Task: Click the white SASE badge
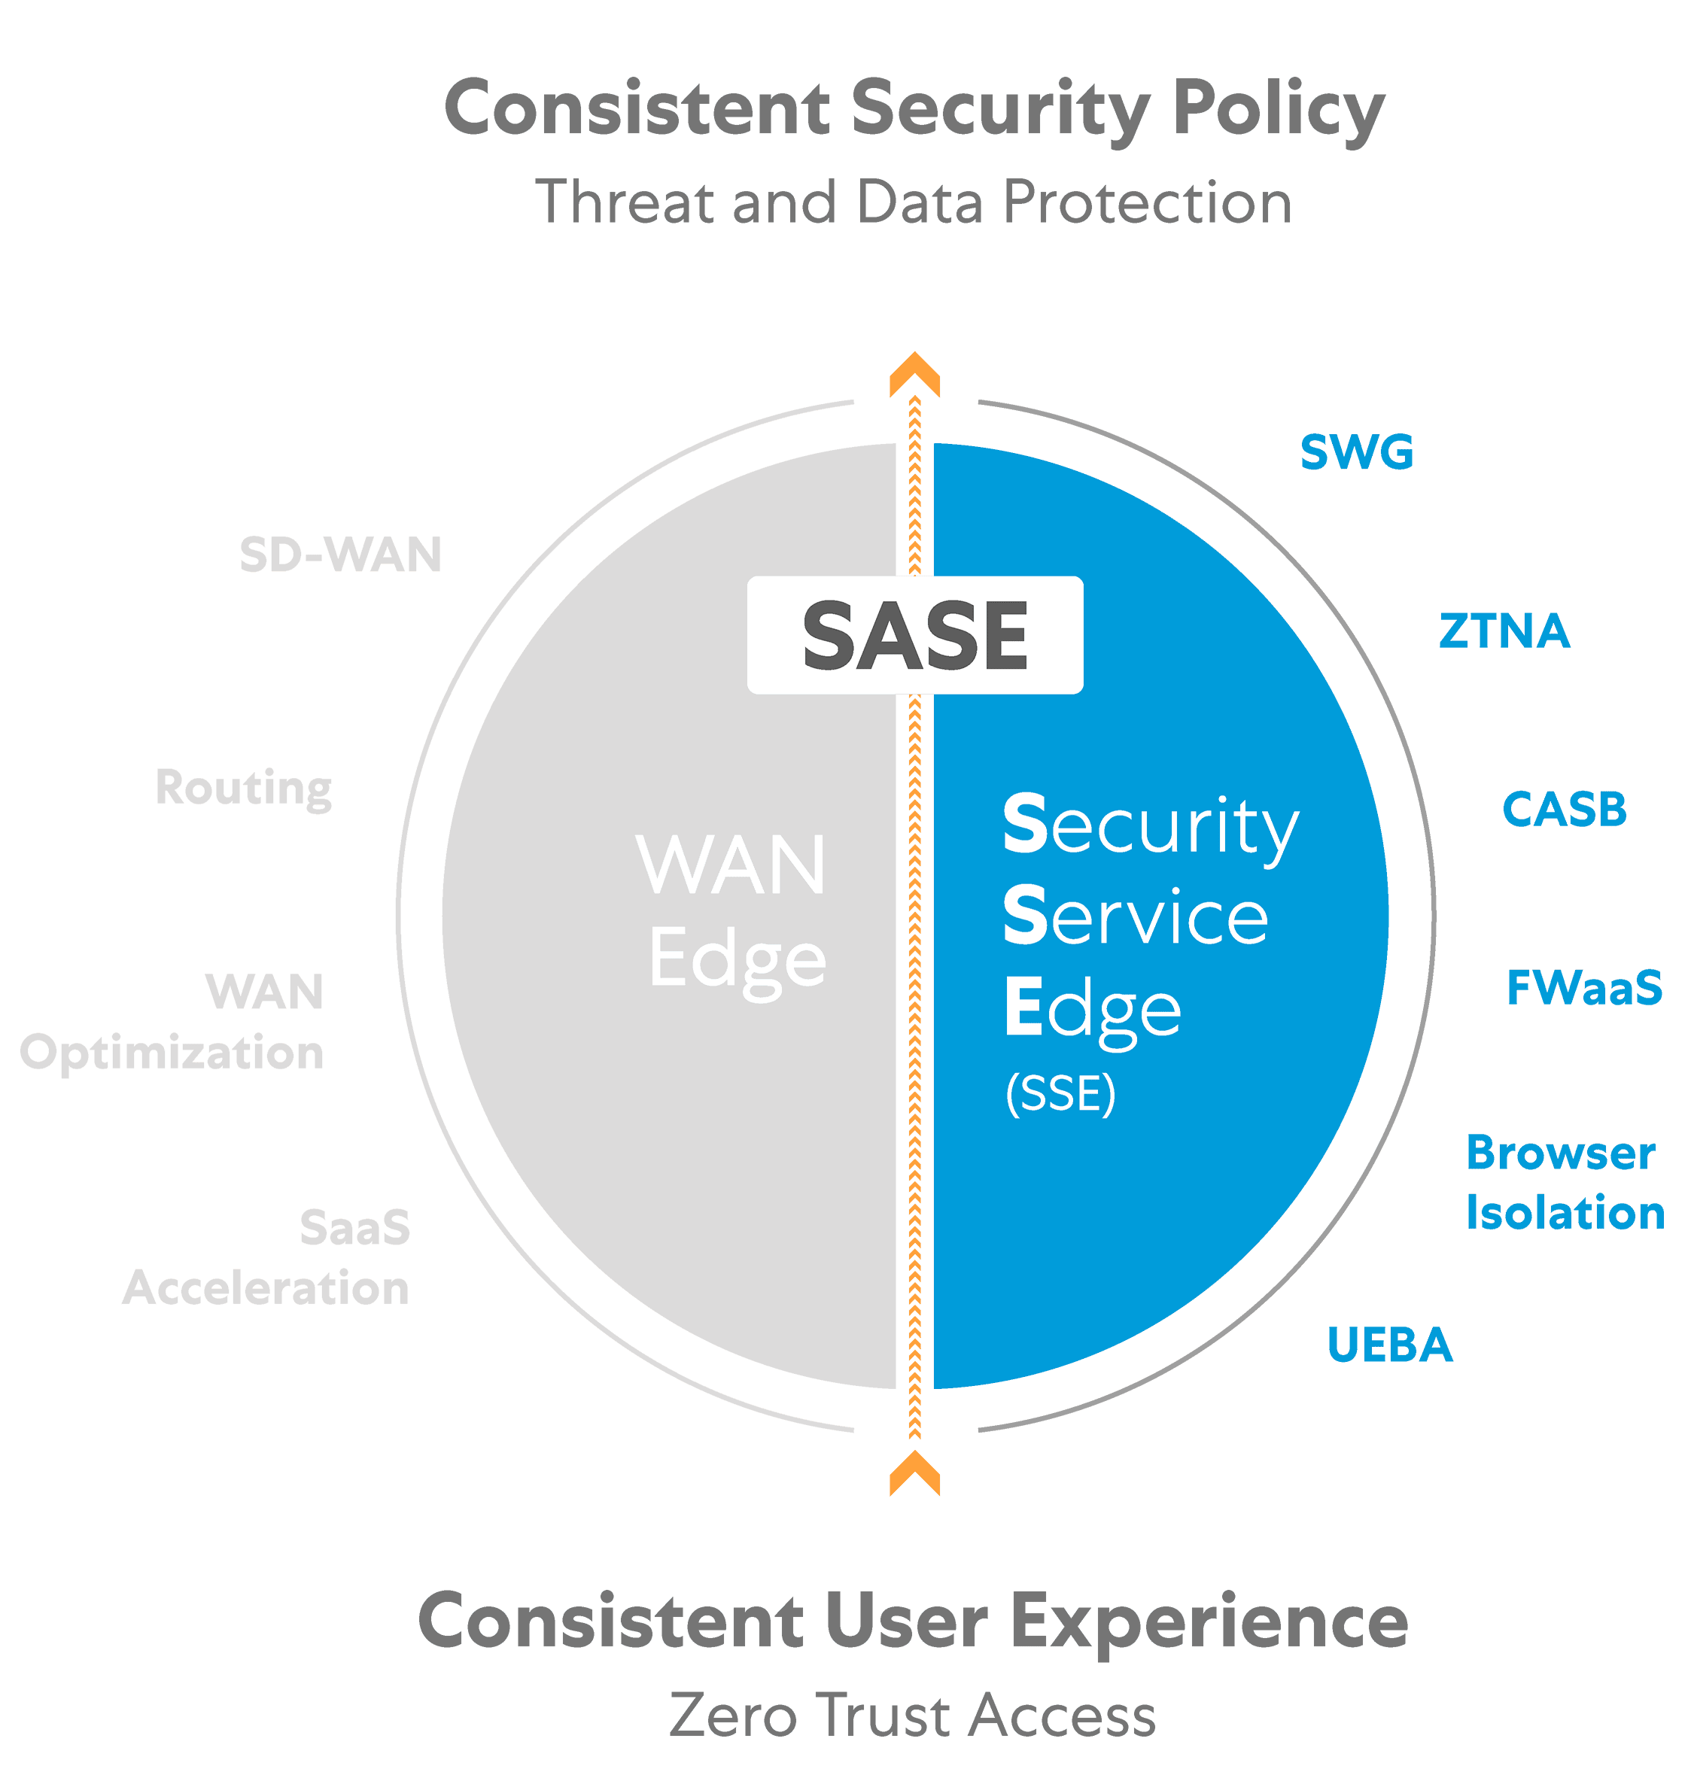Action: pos(915,635)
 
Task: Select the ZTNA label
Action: pos(1504,631)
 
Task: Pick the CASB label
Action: pos(1565,809)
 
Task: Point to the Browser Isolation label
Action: pos(1565,1183)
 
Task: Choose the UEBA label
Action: pos(1390,1345)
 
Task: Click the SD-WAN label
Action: pos(341,554)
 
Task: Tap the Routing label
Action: pos(243,789)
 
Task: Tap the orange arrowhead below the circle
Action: pos(915,1474)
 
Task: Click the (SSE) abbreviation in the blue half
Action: pos(1060,1094)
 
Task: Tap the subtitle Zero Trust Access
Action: pos(913,1716)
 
